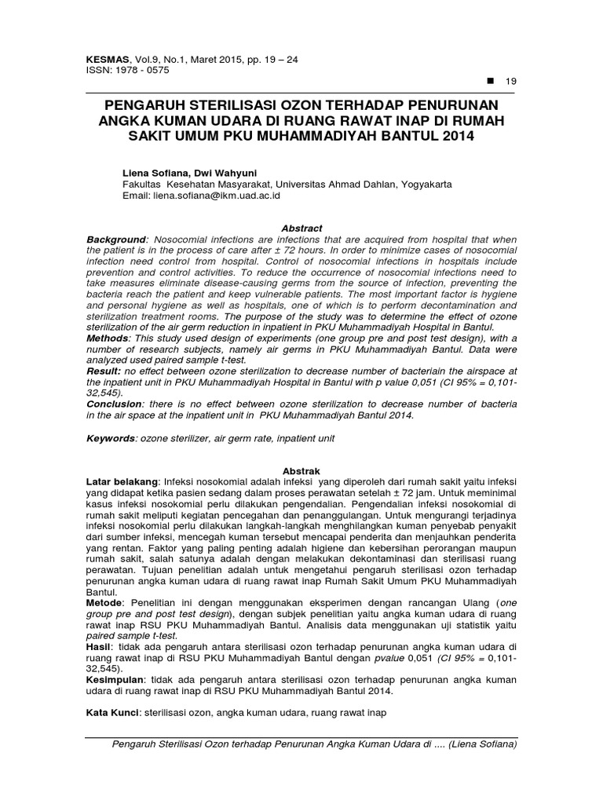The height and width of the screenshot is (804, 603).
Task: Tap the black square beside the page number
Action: [x=492, y=81]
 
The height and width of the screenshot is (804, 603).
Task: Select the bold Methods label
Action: [x=109, y=338]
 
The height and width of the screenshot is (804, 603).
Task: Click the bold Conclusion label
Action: [x=117, y=404]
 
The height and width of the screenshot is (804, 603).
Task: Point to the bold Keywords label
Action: [x=111, y=438]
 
